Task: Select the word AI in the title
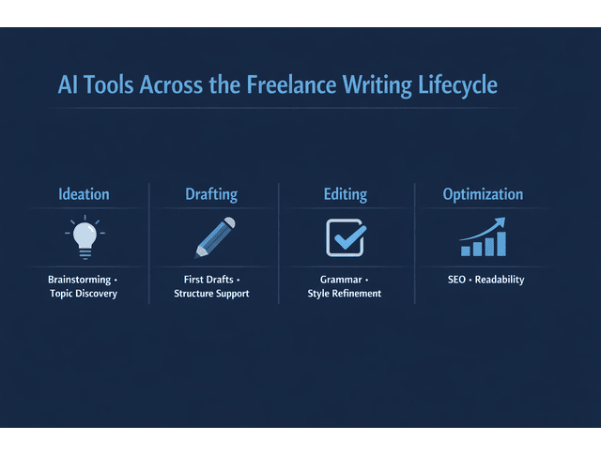(x=69, y=84)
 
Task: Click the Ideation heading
(x=84, y=194)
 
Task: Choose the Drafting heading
(x=211, y=194)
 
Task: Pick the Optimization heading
(x=483, y=194)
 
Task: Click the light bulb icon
(x=85, y=236)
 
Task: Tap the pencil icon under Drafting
(x=214, y=237)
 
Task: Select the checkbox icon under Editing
(x=345, y=237)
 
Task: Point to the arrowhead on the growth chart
(x=501, y=221)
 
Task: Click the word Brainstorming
(x=79, y=280)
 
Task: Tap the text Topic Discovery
(x=84, y=295)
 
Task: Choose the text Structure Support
(x=211, y=295)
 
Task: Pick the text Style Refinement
(x=345, y=295)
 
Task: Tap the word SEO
(x=455, y=280)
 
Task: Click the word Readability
(x=500, y=280)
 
